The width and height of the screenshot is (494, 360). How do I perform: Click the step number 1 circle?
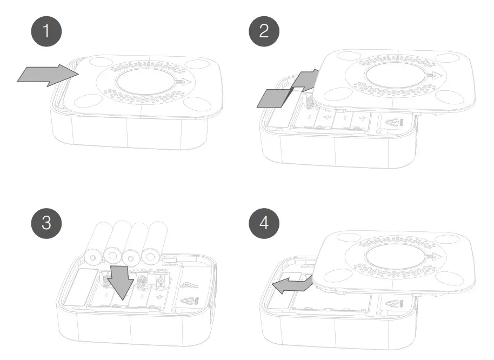click(x=46, y=31)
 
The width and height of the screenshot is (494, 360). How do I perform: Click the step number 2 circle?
click(x=264, y=31)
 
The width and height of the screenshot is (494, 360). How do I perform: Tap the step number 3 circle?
click(x=46, y=223)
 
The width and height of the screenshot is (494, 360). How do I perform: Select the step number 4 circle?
click(x=264, y=223)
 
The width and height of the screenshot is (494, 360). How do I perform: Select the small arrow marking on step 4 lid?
click(x=432, y=255)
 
